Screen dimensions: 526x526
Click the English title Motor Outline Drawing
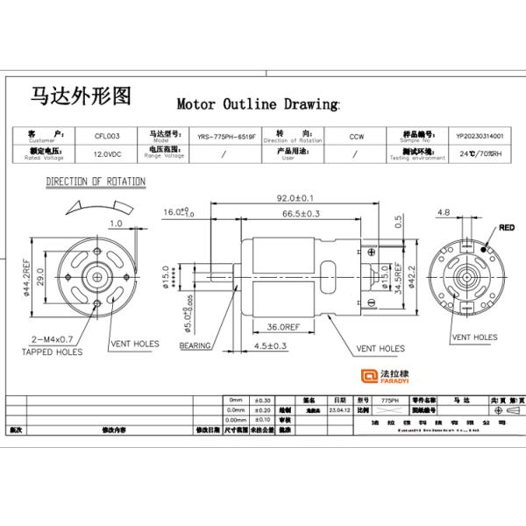[x=258, y=103]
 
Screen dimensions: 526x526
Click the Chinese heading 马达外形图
[x=82, y=95]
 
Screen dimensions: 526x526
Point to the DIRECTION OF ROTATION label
[x=96, y=181]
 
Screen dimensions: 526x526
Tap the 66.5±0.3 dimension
[x=301, y=213]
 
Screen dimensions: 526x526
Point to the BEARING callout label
[x=195, y=346]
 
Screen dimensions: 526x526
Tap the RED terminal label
[x=507, y=227]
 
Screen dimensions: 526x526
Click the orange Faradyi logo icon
[x=370, y=378]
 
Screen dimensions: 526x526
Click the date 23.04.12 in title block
[x=338, y=409]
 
